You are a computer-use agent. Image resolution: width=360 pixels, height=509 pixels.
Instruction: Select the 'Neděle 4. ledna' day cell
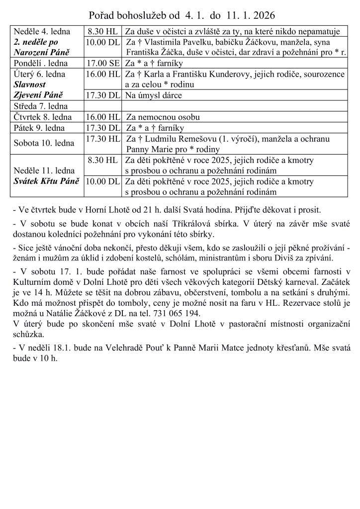[x=42, y=31]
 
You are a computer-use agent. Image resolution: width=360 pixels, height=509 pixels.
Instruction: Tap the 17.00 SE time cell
[x=103, y=64]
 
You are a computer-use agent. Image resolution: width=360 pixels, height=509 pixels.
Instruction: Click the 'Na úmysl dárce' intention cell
[x=153, y=95]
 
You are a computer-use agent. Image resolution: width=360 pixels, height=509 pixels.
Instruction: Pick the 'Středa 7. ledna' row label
[x=41, y=106]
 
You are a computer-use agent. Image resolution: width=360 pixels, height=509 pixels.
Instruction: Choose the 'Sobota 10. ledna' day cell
[x=44, y=143]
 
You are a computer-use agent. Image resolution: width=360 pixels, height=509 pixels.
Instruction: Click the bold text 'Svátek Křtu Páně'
[x=46, y=181]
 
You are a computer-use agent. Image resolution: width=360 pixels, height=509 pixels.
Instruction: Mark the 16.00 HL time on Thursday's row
[x=103, y=117]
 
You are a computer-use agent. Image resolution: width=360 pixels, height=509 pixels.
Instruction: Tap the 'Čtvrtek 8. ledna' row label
[x=43, y=117]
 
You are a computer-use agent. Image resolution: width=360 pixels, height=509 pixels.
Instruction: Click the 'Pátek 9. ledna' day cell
[x=39, y=127]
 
